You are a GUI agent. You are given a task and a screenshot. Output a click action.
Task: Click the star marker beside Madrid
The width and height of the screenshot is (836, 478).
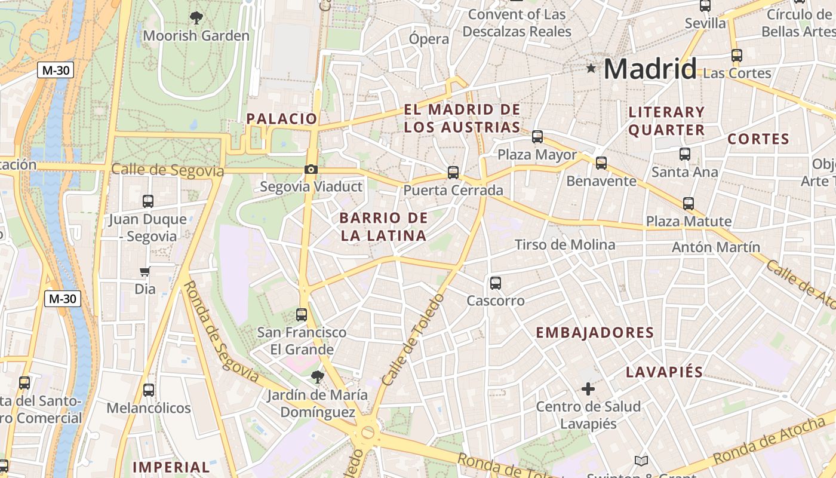pos(591,69)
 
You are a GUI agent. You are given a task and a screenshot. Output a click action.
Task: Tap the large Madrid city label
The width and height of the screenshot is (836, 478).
pos(650,69)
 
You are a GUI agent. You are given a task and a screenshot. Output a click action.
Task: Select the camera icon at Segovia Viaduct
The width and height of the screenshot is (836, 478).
pos(311,170)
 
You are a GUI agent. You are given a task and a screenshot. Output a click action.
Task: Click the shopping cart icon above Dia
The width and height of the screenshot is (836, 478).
pos(145,272)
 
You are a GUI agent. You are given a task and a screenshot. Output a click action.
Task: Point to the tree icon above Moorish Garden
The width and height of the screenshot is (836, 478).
pos(196,18)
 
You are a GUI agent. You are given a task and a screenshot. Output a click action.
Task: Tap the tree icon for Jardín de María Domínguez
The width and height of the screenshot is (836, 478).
pos(317,377)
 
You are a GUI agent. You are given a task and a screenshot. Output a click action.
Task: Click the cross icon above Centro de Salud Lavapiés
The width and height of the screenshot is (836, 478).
pos(588,389)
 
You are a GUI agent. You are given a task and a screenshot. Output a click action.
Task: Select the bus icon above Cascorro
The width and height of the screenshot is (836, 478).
pos(495,283)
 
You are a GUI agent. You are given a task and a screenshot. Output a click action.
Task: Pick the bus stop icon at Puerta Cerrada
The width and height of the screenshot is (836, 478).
pos(453,173)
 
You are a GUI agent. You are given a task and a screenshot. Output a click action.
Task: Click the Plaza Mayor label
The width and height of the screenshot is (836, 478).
pos(537,155)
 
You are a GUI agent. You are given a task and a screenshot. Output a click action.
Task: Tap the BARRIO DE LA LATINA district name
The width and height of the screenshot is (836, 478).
pos(383,226)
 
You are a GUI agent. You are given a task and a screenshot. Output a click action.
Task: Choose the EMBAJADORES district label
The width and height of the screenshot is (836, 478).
pos(595,333)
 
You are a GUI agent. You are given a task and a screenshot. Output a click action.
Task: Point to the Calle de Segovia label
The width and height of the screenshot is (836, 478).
pos(167,170)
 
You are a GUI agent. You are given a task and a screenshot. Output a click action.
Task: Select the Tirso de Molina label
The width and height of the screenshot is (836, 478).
pos(565,244)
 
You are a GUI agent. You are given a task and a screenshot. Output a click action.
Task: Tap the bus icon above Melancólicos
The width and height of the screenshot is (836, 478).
pos(148,390)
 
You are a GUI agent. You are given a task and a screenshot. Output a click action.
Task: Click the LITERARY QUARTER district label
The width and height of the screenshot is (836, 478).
pos(666,121)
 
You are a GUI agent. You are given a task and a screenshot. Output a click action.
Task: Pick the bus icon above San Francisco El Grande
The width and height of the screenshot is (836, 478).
pos(302,314)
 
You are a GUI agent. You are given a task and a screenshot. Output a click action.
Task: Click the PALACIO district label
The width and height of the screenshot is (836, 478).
pos(282,118)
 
